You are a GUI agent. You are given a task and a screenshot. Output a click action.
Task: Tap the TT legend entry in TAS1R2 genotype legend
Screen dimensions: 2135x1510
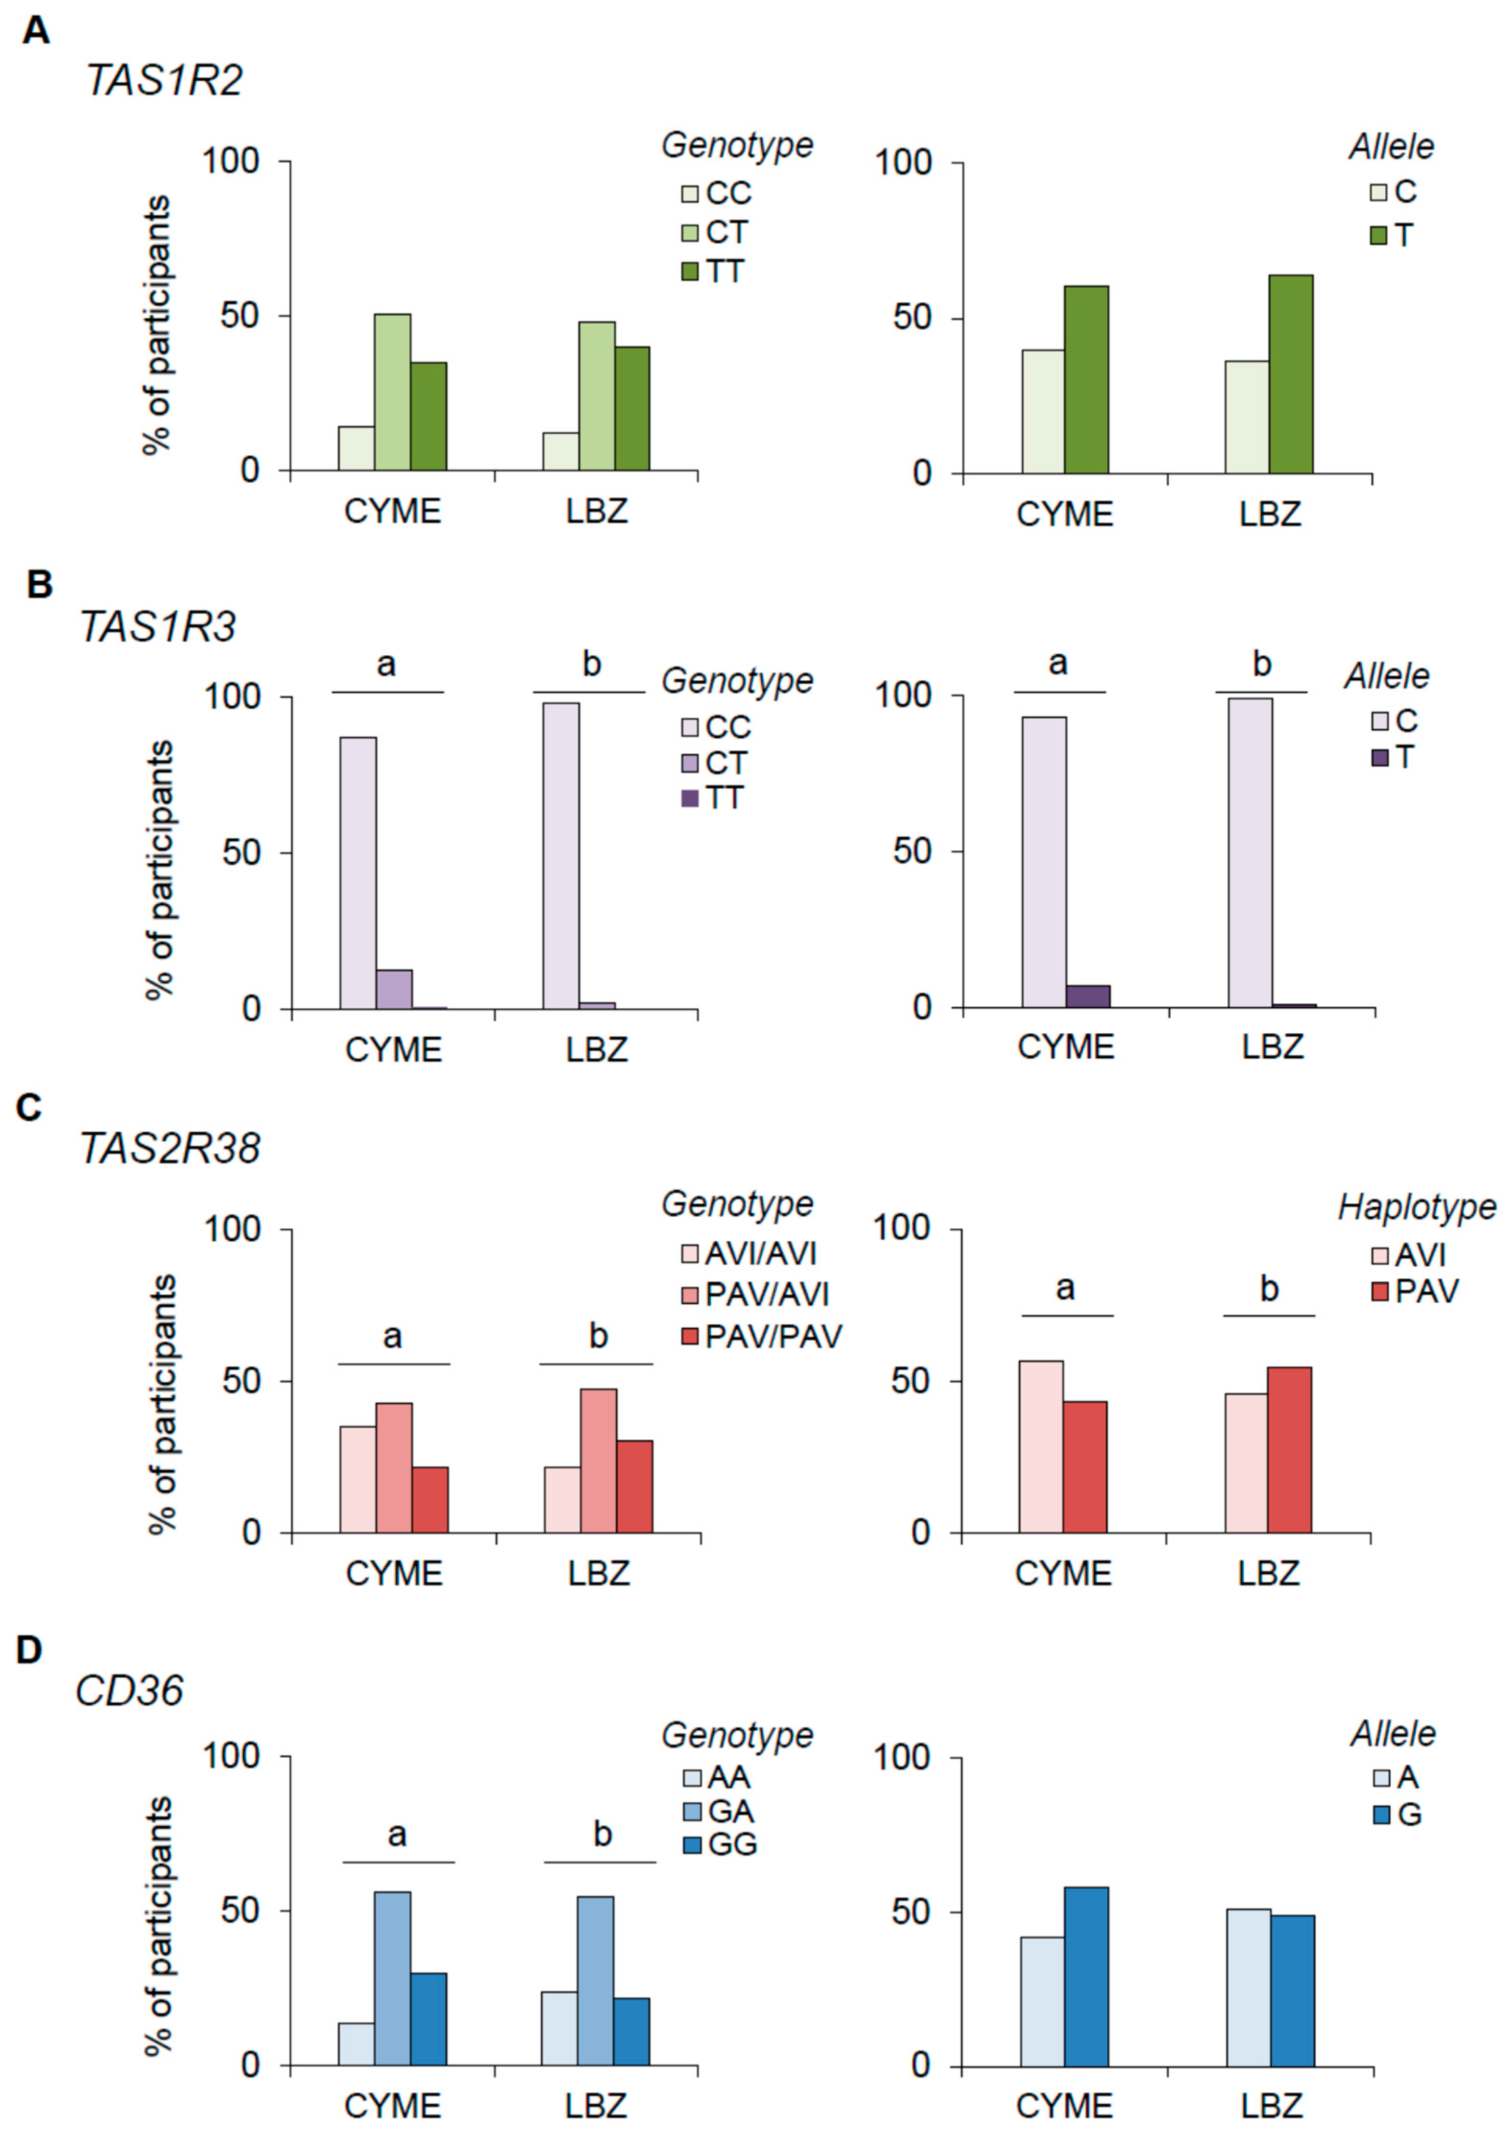point(713,272)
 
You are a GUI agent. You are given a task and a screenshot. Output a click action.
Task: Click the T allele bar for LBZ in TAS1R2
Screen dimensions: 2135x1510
point(1290,374)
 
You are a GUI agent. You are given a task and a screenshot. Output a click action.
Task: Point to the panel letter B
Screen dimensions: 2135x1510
point(39,585)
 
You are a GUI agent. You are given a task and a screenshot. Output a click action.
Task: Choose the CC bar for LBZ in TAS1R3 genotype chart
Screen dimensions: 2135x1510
point(561,855)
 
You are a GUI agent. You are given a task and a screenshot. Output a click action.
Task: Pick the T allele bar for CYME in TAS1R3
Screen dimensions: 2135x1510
point(1088,996)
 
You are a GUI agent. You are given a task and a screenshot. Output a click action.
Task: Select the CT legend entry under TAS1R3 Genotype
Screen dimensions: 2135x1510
point(713,762)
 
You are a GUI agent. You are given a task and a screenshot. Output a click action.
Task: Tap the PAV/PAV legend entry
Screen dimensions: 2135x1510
point(761,1336)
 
